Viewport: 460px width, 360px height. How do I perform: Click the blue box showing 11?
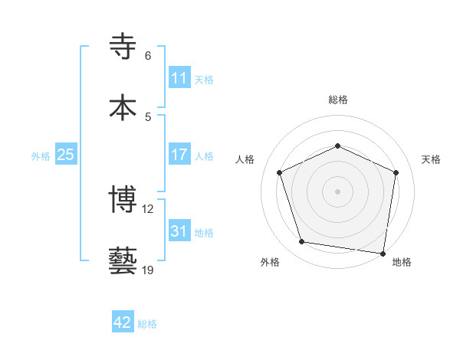pyautogui.click(x=179, y=78)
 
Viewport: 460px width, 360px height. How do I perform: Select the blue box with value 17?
pyautogui.click(x=179, y=155)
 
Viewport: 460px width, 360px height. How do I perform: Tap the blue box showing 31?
pyautogui.click(x=179, y=231)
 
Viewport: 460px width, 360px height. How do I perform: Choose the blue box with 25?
pyautogui.click(x=65, y=155)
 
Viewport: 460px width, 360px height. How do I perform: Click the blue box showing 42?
pyautogui.click(x=123, y=322)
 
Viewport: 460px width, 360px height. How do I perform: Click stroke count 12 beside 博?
pyautogui.click(x=149, y=208)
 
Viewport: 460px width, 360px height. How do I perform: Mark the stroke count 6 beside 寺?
pyautogui.click(x=148, y=56)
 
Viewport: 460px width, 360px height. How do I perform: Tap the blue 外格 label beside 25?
pyautogui.click(x=41, y=155)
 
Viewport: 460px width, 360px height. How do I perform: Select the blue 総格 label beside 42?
pyautogui.click(x=147, y=323)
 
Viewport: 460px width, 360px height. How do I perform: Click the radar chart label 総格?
pyautogui.click(x=338, y=100)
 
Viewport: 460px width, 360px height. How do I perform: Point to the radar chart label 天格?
pyautogui.click(x=431, y=159)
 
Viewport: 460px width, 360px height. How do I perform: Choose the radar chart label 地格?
pyautogui.click(x=402, y=262)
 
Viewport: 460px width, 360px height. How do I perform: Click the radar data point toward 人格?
pyautogui.click(x=280, y=172)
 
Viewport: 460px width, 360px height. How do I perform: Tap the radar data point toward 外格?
pyautogui.click(x=302, y=242)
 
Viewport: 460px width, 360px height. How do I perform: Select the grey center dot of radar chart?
pyautogui.click(x=337, y=191)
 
